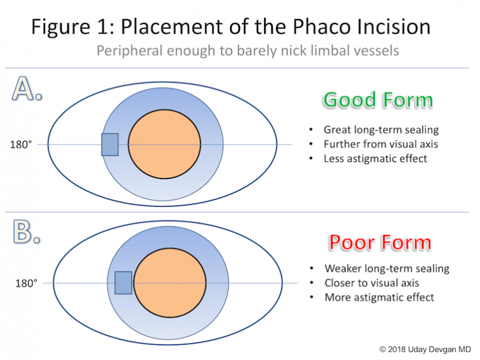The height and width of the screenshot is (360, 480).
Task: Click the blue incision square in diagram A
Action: pyautogui.click(x=109, y=144)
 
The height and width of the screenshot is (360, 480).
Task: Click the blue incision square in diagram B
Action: pyautogui.click(x=123, y=282)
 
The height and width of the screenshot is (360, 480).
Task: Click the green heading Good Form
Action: pyautogui.click(x=377, y=99)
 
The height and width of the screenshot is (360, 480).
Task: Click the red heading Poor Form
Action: pyautogui.click(x=380, y=242)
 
